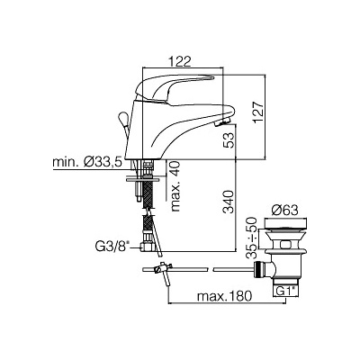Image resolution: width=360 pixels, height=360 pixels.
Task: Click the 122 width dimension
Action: pos(180,62)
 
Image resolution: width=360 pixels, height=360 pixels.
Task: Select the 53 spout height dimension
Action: pos(229,140)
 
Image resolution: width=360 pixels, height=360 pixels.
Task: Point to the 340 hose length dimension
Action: pos(229,202)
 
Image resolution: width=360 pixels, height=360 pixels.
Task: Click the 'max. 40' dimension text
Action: pos(176,186)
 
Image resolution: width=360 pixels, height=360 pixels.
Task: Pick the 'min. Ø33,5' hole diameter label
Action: pos(87,163)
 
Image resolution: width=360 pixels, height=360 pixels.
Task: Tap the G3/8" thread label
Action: pos(112,247)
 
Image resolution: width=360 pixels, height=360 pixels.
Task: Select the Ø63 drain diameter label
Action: pos(284,211)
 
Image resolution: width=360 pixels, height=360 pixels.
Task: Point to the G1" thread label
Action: pos(285,291)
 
